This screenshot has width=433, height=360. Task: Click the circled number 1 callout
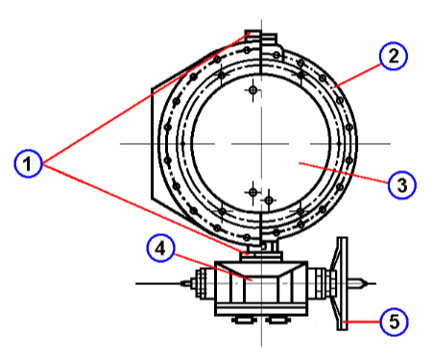coord(30,165)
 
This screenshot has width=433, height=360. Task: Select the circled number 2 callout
coord(391,57)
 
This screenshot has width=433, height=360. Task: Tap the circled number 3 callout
coord(401,182)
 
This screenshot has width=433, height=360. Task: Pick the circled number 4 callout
coord(161,250)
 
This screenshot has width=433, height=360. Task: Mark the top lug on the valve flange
coord(261,39)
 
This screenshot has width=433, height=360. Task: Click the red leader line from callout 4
coord(206,265)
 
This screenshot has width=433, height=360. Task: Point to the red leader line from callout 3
coord(345,173)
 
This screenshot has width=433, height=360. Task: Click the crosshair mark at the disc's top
coord(253,91)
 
